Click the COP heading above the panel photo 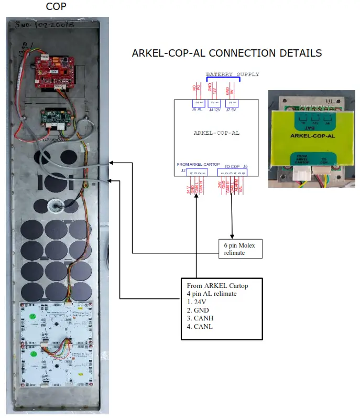56,6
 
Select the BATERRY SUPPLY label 232,74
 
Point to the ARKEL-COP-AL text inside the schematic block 216,133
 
